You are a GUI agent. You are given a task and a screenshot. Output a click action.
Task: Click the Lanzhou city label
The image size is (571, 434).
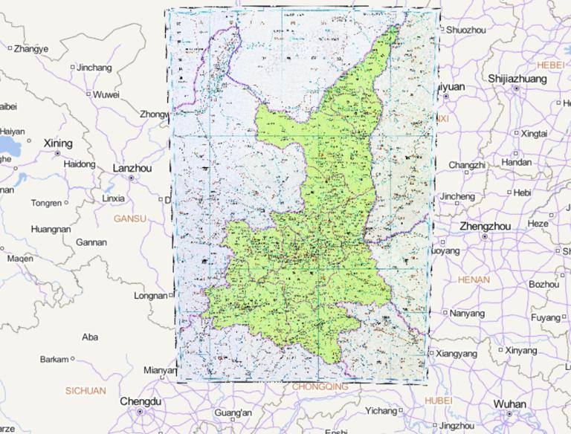[132, 168]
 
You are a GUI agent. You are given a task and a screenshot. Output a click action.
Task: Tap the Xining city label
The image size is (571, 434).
[58, 143]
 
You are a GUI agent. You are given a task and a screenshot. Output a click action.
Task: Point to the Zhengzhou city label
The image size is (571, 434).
[485, 226]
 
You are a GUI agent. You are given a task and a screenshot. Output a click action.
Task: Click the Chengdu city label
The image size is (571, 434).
[140, 401]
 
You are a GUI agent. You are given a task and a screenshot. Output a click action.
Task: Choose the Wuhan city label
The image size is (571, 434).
[509, 404]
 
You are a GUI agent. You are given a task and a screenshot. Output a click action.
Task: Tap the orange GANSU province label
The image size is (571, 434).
[130, 218]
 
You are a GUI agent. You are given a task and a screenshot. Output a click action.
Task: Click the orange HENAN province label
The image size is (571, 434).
[475, 279]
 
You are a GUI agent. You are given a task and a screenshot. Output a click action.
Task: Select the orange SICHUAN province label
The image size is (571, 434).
[86, 390]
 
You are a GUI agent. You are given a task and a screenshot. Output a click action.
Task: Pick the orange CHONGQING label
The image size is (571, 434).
[320, 386]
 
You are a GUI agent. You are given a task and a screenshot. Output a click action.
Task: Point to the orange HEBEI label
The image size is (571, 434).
[551, 65]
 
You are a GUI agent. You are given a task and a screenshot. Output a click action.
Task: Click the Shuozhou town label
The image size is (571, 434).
[468, 30]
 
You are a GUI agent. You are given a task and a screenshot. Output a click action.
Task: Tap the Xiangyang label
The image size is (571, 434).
[457, 353]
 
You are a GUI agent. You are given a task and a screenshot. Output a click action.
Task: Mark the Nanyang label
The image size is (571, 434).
[467, 313]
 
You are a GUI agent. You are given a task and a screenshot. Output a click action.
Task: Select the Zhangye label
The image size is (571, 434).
[30, 49]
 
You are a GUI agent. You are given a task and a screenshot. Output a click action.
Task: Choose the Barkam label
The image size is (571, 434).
[54, 359]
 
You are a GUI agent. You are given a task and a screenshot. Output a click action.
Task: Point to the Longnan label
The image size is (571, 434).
[151, 295]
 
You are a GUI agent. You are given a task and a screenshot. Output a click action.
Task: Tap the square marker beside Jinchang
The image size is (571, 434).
[72, 68]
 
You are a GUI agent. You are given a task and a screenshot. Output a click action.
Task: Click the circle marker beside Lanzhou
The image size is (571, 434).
[132, 178]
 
